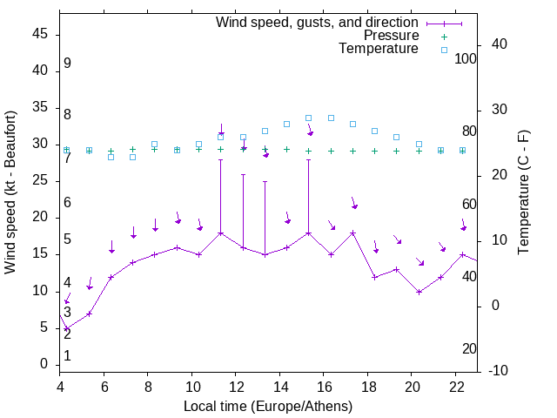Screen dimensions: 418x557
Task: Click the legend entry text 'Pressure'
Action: click(392, 36)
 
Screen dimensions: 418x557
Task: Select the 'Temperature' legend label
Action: click(379, 50)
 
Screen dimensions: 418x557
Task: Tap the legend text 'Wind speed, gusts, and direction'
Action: click(317, 22)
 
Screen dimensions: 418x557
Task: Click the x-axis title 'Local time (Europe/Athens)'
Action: click(269, 407)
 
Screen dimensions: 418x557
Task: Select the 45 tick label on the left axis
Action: click(40, 34)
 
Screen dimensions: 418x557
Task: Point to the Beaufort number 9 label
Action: click(67, 64)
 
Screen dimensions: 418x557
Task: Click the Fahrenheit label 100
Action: click(466, 58)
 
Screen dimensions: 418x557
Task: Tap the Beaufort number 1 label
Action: click(67, 355)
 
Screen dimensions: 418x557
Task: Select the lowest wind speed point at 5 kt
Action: click(67, 328)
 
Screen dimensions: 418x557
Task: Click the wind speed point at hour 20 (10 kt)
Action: click(419, 292)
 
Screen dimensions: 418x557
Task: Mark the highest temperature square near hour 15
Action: click(309, 118)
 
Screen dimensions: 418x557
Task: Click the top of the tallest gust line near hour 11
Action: click(221, 159)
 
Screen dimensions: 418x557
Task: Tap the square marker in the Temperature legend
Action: click(444, 50)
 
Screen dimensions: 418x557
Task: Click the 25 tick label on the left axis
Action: click(40, 180)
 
